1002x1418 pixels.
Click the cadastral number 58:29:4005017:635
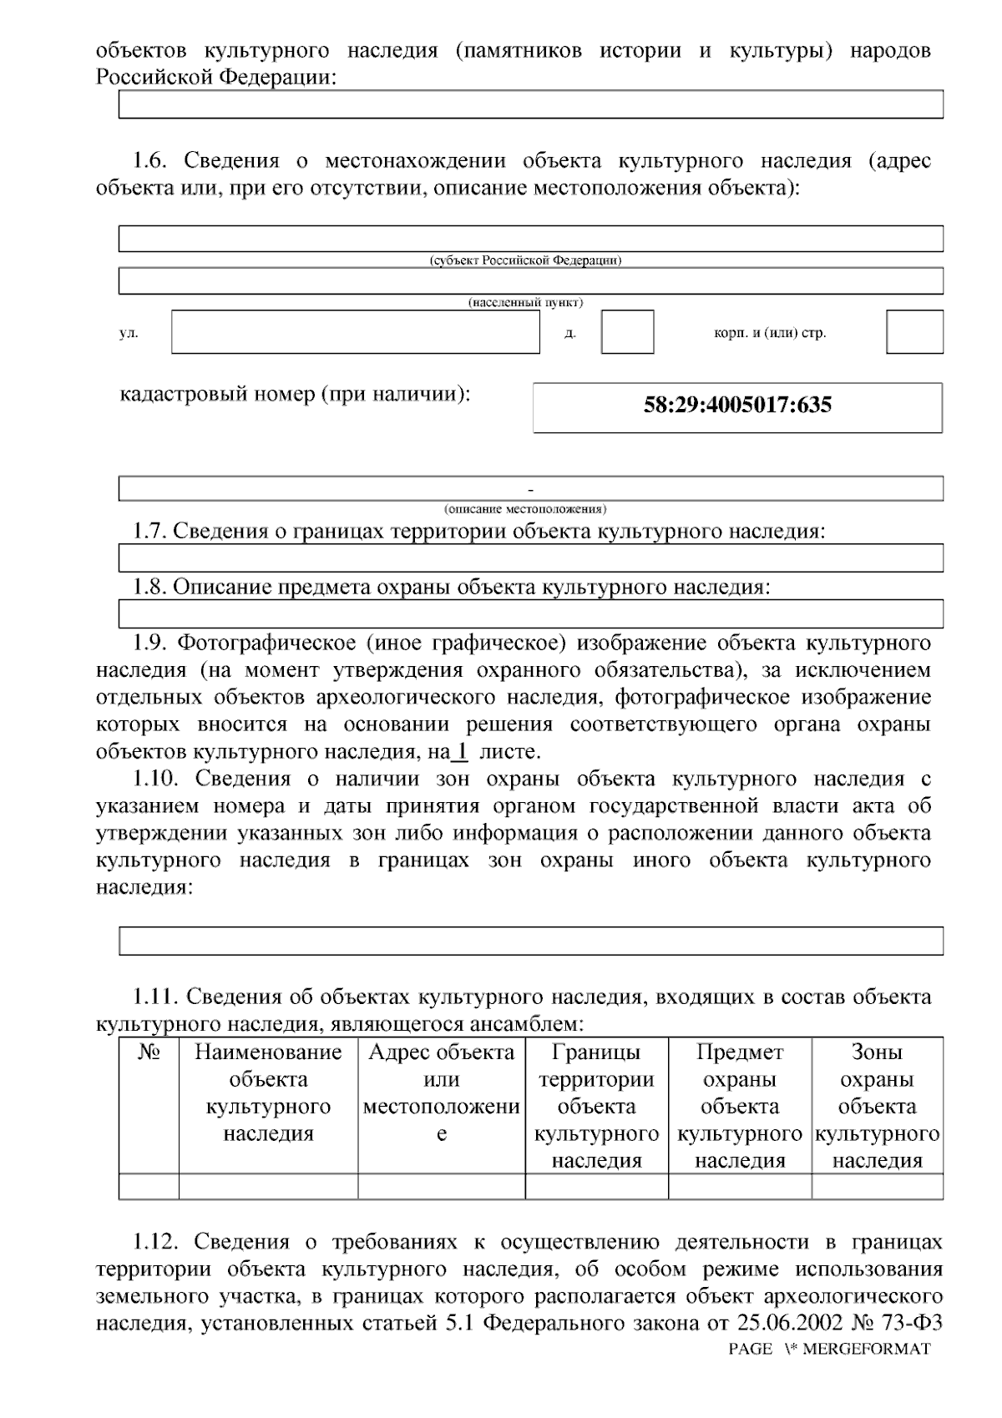pos(737,406)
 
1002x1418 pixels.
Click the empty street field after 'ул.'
pos(356,332)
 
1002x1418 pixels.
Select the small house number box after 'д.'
pos(627,332)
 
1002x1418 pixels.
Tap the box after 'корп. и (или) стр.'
pos(914,332)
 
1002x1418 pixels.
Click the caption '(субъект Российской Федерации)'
pos(525,260)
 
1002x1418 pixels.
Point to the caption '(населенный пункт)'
pos(525,302)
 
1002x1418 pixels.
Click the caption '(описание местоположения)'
pos(525,508)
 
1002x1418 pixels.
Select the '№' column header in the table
pos(149,1052)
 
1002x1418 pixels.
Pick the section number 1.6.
pos(152,161)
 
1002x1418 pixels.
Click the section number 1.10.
pos(156,779)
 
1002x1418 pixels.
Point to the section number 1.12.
pos(156,1242)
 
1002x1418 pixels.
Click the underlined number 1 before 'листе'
pos(460,751)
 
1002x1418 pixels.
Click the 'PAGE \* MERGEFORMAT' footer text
pos(828,1350)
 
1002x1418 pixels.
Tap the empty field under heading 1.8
pos(530,613)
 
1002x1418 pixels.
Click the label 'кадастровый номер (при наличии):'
pos(296,393)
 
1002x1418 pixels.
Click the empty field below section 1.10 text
pos(530,941)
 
